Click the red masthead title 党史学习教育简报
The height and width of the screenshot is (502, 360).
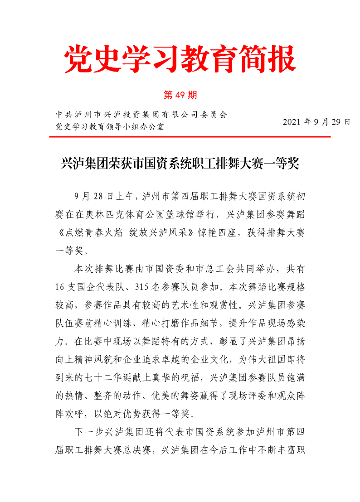[x=180, y=59]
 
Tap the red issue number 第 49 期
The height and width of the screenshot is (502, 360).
[x=180, y=95]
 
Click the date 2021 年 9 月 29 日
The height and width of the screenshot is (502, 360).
[x=316, y=122]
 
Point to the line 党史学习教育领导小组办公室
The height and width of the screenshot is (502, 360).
[x=109, y=126]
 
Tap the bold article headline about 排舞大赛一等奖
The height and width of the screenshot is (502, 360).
[x=180, y=164]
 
